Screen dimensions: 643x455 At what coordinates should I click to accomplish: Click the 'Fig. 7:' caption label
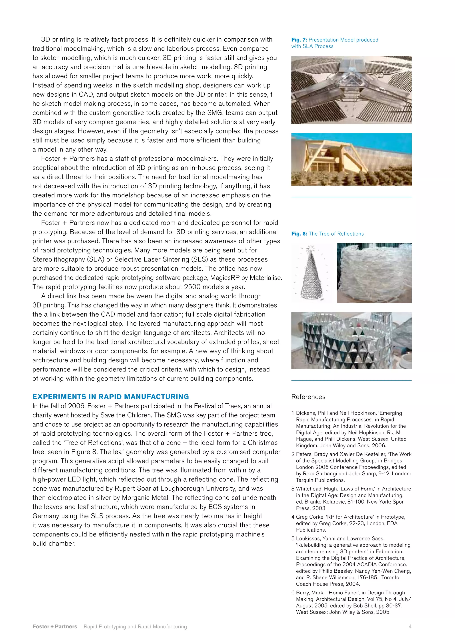pos(299,40)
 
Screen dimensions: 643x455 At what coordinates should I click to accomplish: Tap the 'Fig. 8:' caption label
pos(299,234)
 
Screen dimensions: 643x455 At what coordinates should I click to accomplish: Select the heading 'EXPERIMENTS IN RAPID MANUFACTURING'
pos(111,397)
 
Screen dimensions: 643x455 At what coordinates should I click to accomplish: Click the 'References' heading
pos(308,397)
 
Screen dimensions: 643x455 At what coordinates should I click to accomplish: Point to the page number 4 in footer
pos(410,627)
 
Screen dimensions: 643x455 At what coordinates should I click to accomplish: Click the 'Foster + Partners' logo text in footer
pos(55,627)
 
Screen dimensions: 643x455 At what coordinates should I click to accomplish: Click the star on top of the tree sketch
pos(310,248)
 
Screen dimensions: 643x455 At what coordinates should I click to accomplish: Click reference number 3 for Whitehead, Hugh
pos(293,489)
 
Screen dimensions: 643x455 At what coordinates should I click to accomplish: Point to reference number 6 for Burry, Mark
pos(293,593)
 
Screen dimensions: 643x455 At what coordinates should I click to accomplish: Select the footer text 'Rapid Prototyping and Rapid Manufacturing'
pos(135,627)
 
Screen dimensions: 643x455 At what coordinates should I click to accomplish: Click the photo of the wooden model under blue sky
pos(351,159)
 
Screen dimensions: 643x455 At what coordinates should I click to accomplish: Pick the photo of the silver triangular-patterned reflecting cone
pos(351,340)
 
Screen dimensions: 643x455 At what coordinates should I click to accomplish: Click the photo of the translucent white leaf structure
pos(374,273)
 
